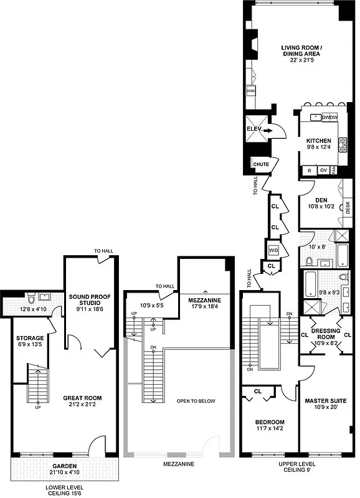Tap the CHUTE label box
(x=260, y=164)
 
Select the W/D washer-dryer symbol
(x=273, y=250)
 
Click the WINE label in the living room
(x=251, y=91)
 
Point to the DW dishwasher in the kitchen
(x=329, y=117)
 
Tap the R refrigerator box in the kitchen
(x=308, y=170)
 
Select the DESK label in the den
(x=348, y=209)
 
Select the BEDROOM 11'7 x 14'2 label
(x=270, y=426)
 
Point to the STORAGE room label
(x=29, y=341)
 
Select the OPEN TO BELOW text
(x=196, y=401)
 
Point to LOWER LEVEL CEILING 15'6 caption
(x=64, y=490)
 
